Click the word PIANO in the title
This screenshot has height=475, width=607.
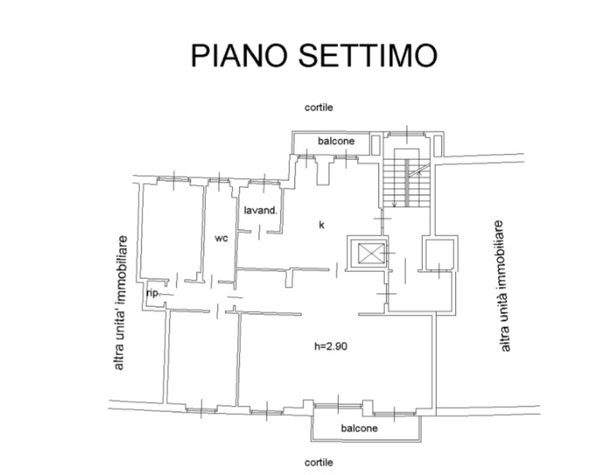(239, 56)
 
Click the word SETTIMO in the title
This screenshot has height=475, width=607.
(368, 56)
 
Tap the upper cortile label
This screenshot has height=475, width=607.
(319, 107)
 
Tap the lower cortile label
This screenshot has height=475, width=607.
(319, 463)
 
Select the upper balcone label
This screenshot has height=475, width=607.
(336, 141)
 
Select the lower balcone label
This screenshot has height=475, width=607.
(359, 428)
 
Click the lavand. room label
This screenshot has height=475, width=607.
(261, 211)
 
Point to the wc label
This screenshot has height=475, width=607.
(222, 239)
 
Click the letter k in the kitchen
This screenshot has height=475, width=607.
(321, 225)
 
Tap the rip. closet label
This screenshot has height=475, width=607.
(153, 293)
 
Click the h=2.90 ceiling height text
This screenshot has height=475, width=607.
(330, 346)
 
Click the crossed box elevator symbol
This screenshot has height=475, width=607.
(372, 253)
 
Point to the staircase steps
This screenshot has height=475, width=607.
(406, 183)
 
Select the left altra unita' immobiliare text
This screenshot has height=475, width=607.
(120, 302)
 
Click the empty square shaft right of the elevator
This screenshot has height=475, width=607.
(440, 254)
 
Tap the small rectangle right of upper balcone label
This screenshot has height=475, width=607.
(375, 145)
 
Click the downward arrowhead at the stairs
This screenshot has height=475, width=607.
(394, 204)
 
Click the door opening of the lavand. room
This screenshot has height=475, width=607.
(260, 232)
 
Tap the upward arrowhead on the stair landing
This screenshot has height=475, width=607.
(419, 173)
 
